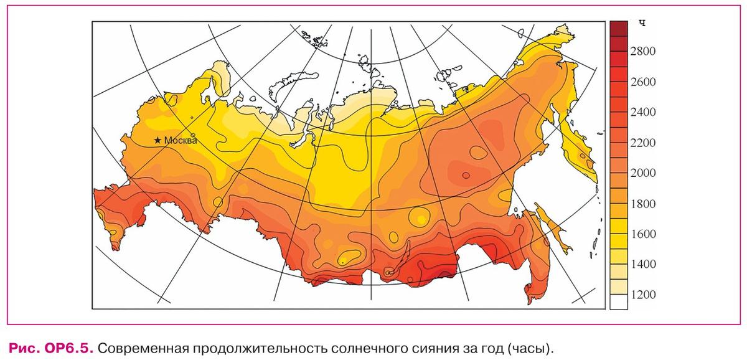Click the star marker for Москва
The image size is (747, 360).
(158, 141)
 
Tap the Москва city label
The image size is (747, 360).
(181, 141)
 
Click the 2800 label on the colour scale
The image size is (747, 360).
(643, 52)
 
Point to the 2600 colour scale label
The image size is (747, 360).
(643, 82)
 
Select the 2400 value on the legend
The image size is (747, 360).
(643, 113)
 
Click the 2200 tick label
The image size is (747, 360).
(643, 143)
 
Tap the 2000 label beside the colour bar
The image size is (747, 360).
(643, 173)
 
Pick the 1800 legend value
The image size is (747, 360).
(643, 204)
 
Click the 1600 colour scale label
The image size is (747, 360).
(643, 234)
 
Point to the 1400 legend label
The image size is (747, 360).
(643, 265)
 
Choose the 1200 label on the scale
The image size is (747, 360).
(643, 295)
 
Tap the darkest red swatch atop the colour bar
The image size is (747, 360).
(618, 28)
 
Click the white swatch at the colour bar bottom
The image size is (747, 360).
(618, 302)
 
